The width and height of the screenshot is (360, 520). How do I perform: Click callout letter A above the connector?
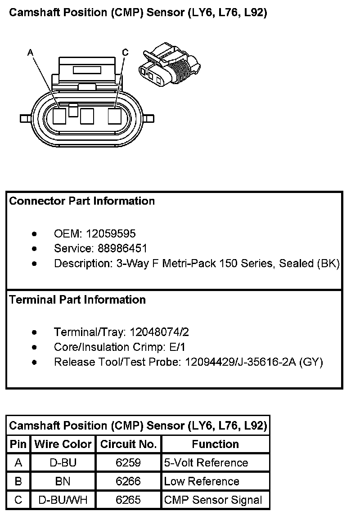click(30, 53)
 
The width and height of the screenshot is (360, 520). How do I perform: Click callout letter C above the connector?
click(125, 53)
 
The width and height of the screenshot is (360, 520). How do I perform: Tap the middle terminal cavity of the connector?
click(87, 117)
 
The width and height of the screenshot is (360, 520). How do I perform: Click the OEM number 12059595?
click(111, 233)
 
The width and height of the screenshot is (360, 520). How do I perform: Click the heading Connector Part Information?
click(82, 201)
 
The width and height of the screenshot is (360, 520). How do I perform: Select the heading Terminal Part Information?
click(77, 300)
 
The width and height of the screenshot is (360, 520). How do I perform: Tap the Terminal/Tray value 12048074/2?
click(159, 332)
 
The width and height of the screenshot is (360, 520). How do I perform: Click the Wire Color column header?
click(63, 444)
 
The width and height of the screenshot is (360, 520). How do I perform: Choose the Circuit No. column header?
click(128, 444)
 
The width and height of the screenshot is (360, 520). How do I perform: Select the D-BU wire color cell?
click(63, 463)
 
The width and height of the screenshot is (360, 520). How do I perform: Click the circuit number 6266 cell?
click(128, 481)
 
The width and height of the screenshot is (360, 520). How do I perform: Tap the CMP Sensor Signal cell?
click(213, 500)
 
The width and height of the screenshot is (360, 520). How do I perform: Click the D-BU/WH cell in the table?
click(63, 500)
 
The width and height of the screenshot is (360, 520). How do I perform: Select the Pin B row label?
click(18, 481)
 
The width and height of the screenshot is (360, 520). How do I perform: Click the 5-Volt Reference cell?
click(206, 463)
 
